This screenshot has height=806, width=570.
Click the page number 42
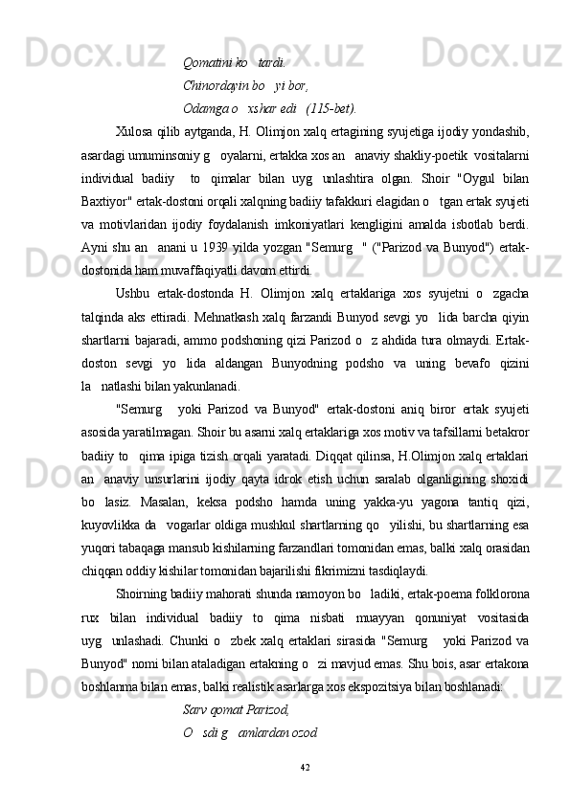tap(304, 767)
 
